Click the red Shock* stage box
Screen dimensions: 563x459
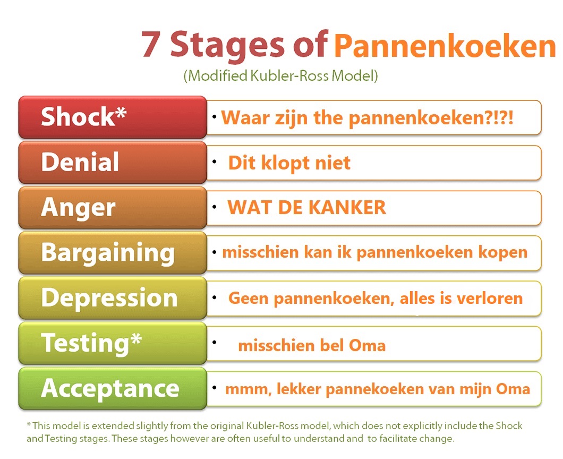(x=113, y=117)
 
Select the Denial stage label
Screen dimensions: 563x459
(x=80, y=162)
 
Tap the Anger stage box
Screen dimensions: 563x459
(x=113, y=208)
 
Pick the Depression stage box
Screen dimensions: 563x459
(x=113, y=298)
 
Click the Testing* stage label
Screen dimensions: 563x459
(x=91, y=343)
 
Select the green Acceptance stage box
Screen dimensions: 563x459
(x=113, y=388)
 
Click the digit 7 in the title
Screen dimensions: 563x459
(x=151, y=44)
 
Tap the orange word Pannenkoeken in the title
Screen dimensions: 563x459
(x=445, y=46)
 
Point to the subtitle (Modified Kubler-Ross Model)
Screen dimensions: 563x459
(x=281, y=76)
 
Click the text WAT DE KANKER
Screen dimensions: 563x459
(x=306, y=208)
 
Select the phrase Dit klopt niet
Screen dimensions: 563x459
(x=289, y=163)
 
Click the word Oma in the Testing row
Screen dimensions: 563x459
(x=368, y=345)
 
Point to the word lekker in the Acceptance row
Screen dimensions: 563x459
(x=298, y=389)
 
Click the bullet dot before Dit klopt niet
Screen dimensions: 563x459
(x=215, y=162)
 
